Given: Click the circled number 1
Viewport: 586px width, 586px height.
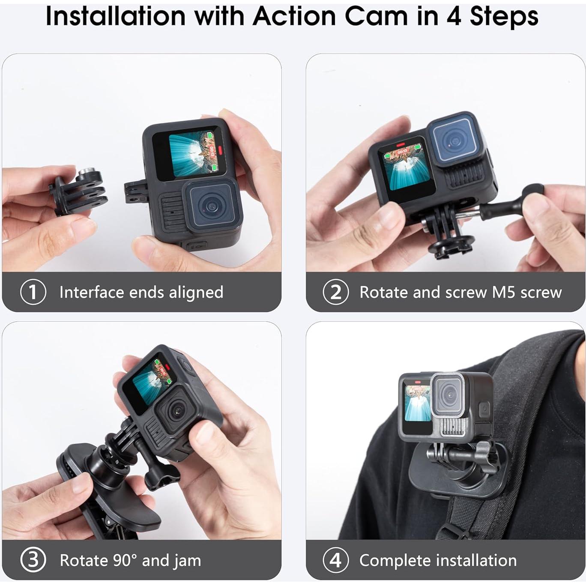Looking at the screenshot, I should [33, 292].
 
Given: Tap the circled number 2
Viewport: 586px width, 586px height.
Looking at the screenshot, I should [335, 292].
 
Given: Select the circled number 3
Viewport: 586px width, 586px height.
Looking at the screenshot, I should [33, 560].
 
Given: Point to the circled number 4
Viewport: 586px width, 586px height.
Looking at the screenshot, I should [335, 560].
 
